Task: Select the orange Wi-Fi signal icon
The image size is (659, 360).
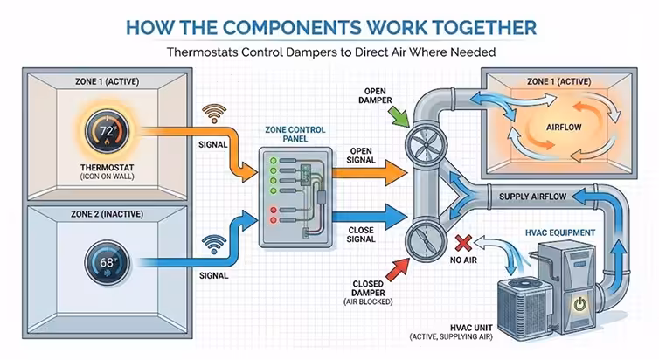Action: (212, 114)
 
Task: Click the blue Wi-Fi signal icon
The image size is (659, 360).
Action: (212, 242)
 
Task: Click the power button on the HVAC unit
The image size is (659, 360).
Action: (578, 306)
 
